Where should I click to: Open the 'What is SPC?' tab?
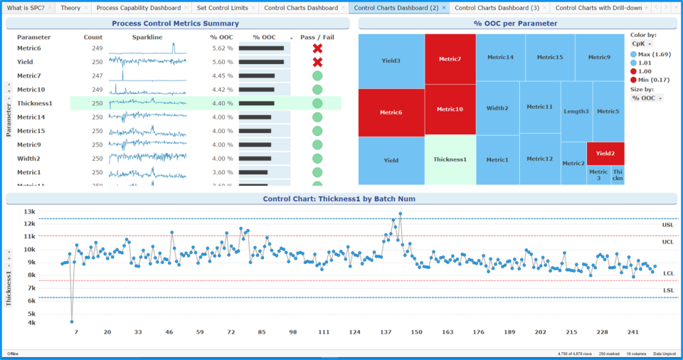coord(25,8)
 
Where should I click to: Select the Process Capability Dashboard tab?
coord(138,8)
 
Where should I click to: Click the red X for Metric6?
coord(317,48)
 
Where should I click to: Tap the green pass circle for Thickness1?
coord(317,103)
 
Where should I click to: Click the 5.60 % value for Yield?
coord(222,62)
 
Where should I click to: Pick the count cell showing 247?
coord(97,75)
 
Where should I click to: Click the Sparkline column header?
coord(147,37)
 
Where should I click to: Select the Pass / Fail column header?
coord(317,37)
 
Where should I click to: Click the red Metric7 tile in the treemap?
coord(450,59)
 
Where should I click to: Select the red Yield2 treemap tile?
coord(605,153)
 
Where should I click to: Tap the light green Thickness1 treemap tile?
coord(450,159)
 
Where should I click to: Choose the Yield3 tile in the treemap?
coord(391,60)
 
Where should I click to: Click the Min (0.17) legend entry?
coord(650,80)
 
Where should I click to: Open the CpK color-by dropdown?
coord(642,44)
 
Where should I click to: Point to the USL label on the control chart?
coord(667,225)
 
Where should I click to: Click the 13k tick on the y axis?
coord(29,211)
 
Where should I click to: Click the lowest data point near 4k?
coord(72,322)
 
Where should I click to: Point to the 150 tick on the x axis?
coord(416,332)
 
